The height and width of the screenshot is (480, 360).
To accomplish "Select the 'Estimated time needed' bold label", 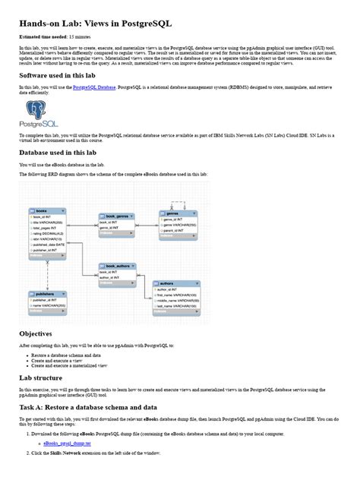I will pos(44,36).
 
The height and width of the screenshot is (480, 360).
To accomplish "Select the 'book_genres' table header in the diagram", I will pos(117,216).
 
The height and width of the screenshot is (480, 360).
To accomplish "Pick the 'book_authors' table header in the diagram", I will pos(118,266).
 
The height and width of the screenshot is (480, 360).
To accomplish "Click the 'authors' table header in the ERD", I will pos(175,282).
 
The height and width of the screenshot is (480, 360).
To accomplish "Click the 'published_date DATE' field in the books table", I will pos(50,245).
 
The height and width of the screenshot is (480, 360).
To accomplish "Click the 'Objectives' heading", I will pos(36,333).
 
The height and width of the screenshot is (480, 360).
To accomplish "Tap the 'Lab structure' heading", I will pos(43,377).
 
